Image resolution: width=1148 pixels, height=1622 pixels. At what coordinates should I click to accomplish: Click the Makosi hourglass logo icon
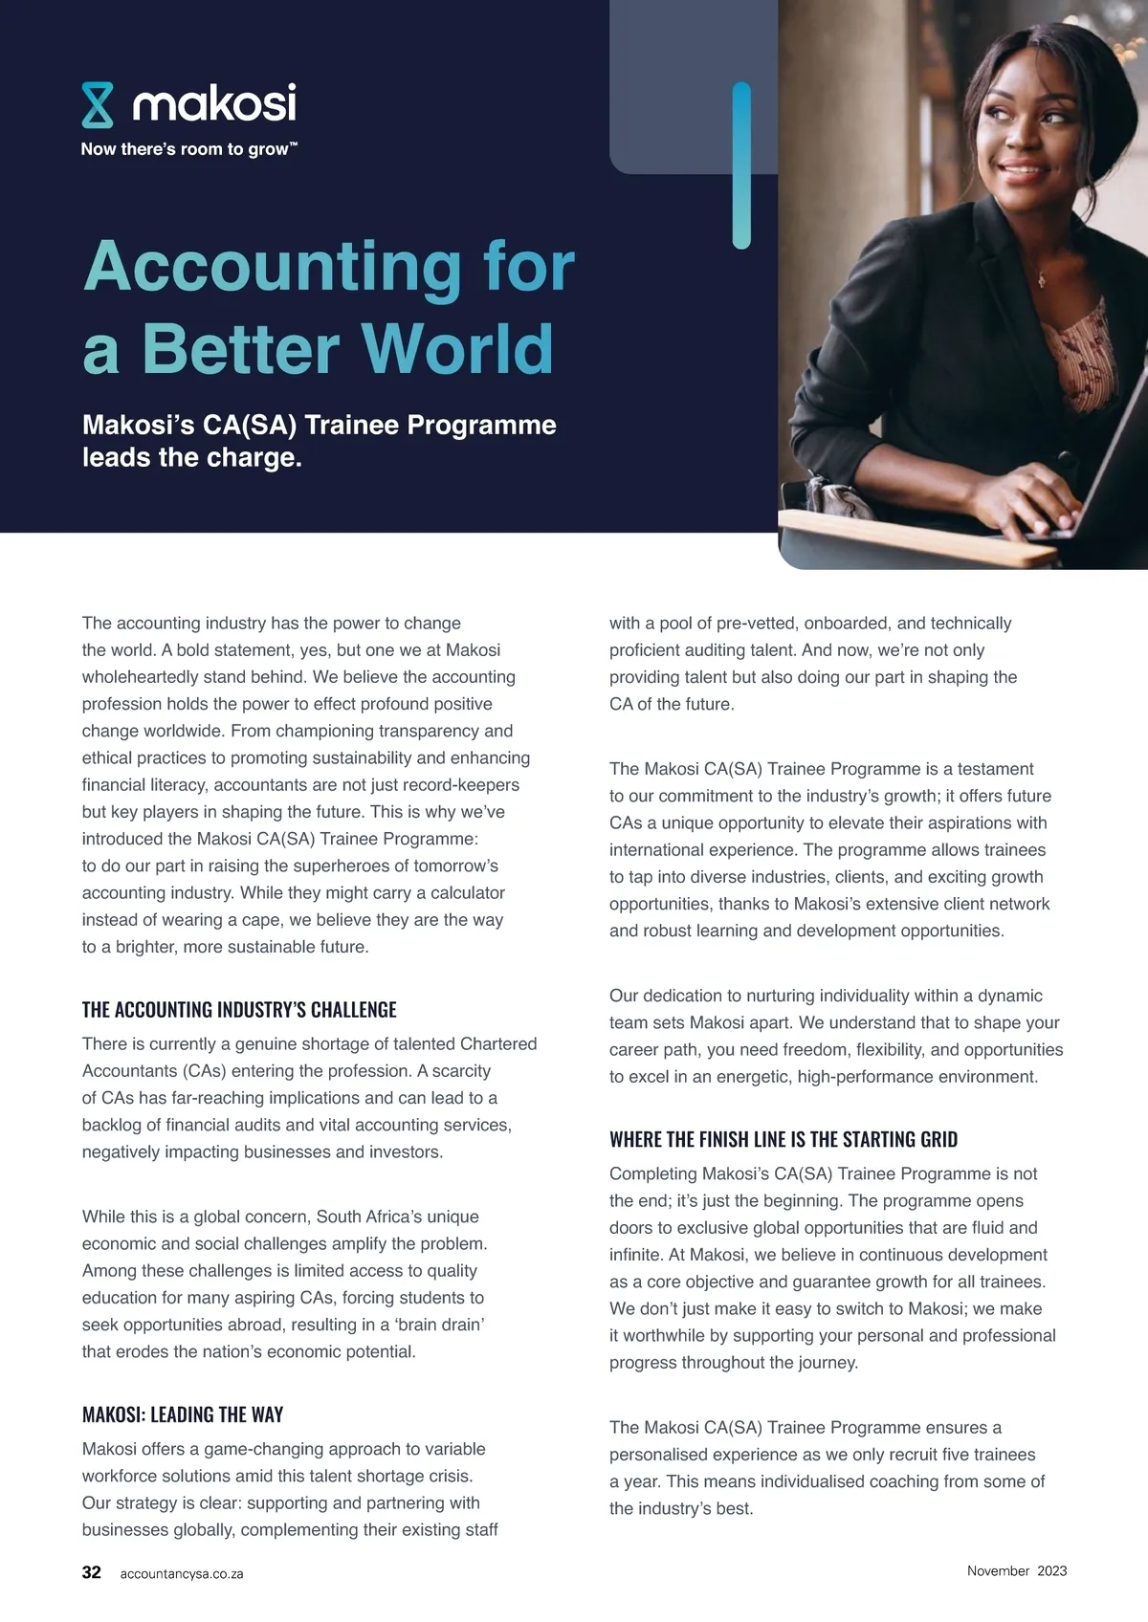98,105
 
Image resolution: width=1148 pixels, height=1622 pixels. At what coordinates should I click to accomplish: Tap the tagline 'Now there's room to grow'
188,149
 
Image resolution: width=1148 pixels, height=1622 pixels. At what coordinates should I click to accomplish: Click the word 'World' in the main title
457,348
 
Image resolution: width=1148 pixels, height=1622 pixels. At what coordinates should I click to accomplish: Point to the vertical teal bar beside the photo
741,164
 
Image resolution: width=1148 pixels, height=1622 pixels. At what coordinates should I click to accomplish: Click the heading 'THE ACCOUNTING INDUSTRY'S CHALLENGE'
239,1010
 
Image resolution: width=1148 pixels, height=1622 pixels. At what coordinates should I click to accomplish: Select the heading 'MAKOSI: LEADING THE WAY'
183,1414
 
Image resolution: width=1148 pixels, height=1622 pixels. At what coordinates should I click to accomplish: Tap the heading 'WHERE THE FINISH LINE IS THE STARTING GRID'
783,1139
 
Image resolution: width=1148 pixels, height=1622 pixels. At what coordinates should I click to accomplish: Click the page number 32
92,1572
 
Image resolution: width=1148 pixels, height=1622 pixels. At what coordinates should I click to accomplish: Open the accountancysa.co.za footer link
182,1573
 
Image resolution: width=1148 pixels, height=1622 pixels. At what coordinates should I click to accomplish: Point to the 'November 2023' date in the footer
1016,1570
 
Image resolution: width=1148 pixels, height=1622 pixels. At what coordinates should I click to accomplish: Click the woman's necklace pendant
1042,279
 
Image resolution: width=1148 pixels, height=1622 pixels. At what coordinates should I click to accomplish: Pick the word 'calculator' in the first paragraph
458,892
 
